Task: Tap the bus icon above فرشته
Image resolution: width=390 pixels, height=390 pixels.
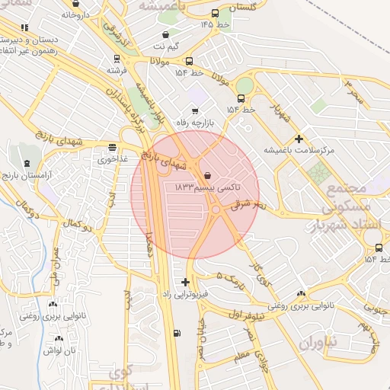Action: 116,58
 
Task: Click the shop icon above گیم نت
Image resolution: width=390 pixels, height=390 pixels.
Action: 166,34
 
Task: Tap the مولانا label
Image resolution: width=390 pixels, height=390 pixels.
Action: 165,59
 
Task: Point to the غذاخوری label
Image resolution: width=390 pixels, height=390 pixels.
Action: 113,161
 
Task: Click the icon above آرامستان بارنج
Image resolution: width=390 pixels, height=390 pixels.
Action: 27,163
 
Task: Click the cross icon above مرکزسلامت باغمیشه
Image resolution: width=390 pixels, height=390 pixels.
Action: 299,139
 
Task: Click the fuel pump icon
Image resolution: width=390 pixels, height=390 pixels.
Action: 177,332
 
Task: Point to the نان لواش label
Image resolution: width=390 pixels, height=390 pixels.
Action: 59,350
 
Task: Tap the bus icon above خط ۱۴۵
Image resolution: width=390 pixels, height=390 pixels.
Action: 216,13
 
